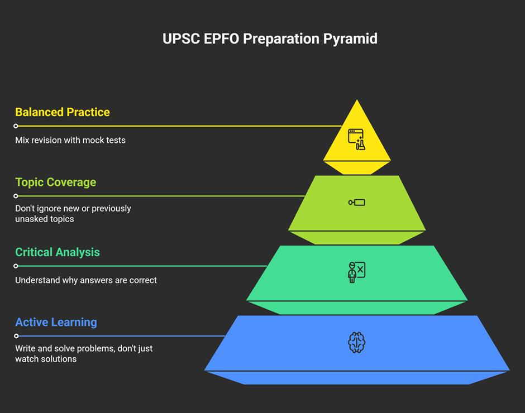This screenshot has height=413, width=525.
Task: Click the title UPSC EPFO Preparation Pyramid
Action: click(x=270, y=39)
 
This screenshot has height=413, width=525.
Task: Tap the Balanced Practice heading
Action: click(x=63, y=112)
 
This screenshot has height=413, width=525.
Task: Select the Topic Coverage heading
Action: click(x=56, y=183)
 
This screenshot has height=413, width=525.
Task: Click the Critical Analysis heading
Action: click(x=58, y=252)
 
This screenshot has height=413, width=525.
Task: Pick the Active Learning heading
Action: click(x=56, y=322)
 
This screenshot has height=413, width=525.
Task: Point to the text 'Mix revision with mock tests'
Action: click(x=70, y=140)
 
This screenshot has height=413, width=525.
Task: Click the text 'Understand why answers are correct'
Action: click(x=85, y=280)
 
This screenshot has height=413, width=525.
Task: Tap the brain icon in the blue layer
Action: click(x=356, y=342)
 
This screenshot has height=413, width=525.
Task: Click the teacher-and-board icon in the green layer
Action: click(x=356, y=272)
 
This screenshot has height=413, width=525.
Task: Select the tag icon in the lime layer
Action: click(x=356, y=203)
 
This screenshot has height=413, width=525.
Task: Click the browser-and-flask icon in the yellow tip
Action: click(x=356, y=140)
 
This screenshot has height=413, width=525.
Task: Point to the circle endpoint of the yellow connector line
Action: click(x=16, y=126)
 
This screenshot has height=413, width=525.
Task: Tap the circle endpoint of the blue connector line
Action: click(x=16, y=336)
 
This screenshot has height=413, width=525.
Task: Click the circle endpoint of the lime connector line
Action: click(x=16, y=196)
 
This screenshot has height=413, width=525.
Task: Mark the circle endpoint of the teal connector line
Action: click(x=16, y=266)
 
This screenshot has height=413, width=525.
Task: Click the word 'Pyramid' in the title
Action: click(x=350, y=39)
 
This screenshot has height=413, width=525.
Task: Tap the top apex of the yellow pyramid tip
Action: click(x=357, y=99)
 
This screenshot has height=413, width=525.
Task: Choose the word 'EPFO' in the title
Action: click(x=221, y=39)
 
